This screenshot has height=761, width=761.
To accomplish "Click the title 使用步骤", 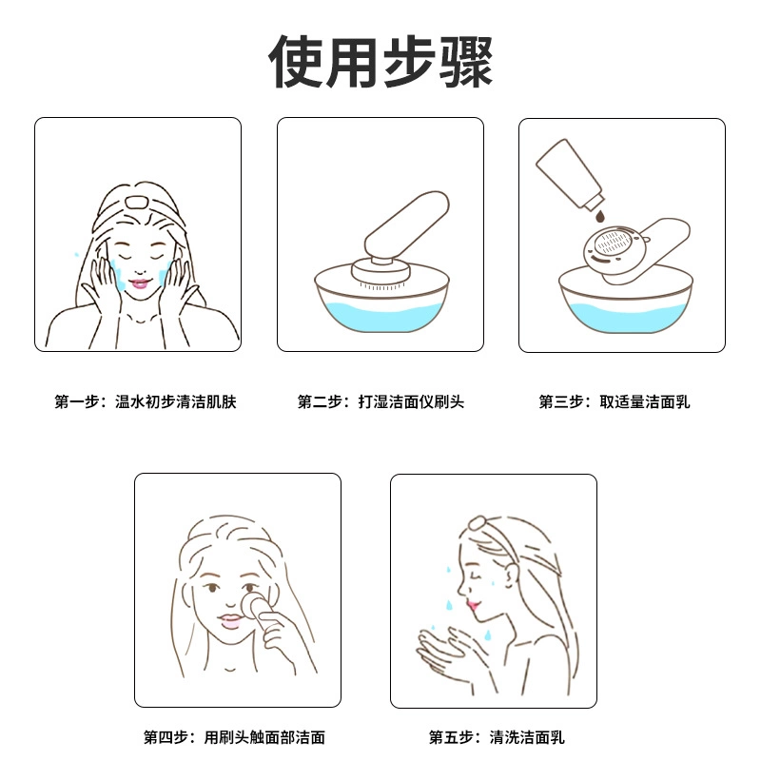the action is [381, 62].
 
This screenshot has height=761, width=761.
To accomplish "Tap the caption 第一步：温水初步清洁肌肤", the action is [146, 401].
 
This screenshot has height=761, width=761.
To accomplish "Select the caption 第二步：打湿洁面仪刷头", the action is [380, 401].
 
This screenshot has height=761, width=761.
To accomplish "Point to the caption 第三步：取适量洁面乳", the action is [614, 401].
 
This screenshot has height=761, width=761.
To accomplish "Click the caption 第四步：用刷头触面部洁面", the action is [234, 737].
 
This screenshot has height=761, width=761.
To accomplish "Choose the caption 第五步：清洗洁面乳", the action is [497, 737].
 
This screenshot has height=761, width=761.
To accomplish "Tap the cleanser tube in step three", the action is [570, 173].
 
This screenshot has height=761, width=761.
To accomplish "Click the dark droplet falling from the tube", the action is [600, 217].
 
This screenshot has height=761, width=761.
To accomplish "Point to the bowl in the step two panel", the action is [381, 300].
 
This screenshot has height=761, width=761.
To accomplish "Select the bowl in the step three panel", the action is [625, 302].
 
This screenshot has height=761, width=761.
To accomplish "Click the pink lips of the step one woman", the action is [139, 283].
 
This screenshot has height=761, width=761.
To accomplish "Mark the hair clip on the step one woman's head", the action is [135, 202].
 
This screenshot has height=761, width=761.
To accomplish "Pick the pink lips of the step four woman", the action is [230, 621].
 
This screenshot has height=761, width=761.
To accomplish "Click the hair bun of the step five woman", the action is [478, 522].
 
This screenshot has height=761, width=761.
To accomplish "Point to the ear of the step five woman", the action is [512, 576].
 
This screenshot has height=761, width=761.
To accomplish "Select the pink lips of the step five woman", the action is [472, 605].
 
